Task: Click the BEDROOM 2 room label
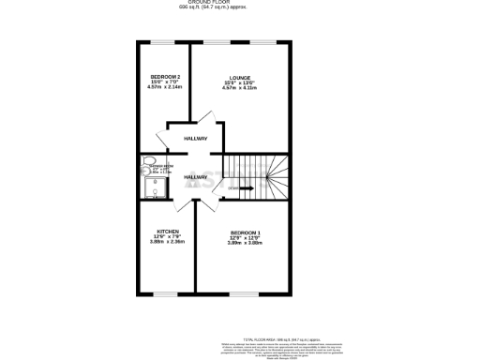click(x=165, y=76)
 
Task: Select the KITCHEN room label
click(x=168, y=231)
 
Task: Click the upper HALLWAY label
click(x=196, y=139)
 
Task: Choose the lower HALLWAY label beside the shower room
click(x=195, y=176)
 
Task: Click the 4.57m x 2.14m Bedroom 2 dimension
click(x=165, y=88)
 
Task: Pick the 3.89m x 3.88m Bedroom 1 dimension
click(x=246, y=243)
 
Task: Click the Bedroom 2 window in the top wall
click(x=165, y=42)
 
